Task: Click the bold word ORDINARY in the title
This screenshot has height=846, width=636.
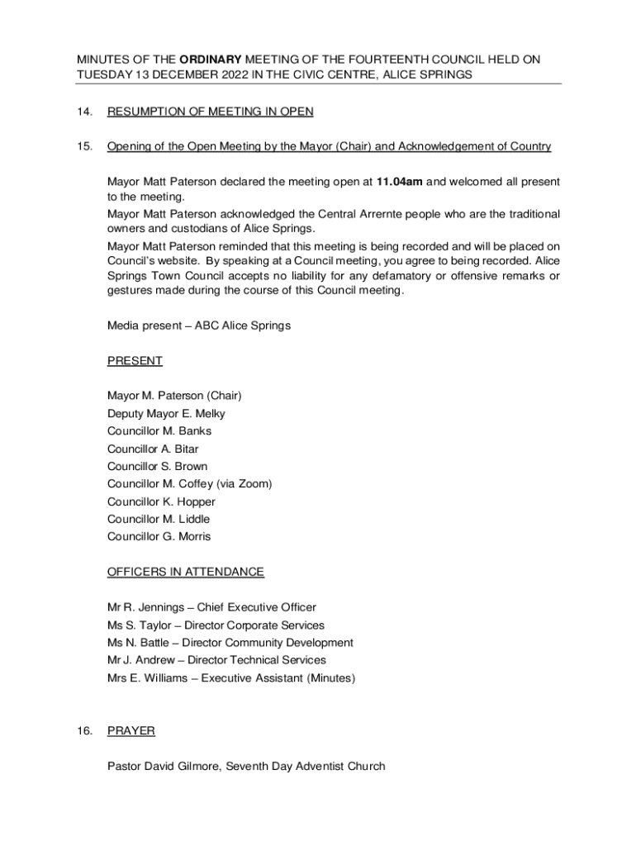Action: coord(210,59)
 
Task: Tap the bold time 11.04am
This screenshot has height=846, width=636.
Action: coord(400,181)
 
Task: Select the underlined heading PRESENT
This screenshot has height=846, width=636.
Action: coord(135,360)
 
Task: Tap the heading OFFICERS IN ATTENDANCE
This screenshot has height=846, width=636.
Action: coord(186,572)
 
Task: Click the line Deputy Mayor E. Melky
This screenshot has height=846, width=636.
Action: coord(166,413)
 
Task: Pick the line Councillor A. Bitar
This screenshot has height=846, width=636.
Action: coord(153,449)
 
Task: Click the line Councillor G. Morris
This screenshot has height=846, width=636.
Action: coord(159,536)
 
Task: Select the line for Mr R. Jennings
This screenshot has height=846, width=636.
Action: coord(211,607)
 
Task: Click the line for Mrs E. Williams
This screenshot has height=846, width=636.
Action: coord(231,677)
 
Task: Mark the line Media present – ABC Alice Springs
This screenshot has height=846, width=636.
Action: coord(199,326)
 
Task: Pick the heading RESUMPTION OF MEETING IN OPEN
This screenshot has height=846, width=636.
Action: coord(211,112)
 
